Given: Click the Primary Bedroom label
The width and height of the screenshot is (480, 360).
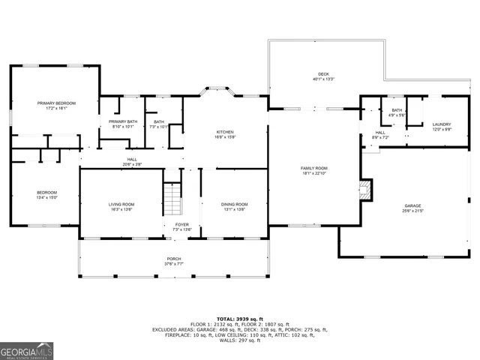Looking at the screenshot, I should [x=57, y=103].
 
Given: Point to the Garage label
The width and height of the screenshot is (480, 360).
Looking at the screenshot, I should [x=412, y=205].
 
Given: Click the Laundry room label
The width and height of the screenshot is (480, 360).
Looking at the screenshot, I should [x=441, y=124].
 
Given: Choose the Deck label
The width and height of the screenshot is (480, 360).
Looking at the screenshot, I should [x=323, y=73].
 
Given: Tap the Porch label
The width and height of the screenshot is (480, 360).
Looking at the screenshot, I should [x=174, y=259].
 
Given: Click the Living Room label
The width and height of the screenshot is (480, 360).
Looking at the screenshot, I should [x=121, y=204].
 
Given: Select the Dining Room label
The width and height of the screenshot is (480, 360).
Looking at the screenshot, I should [x=234, y=204].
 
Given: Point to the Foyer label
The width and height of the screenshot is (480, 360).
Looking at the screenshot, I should [x=182, y=224].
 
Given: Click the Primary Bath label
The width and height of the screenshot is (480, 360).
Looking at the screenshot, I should [x=122, y=121].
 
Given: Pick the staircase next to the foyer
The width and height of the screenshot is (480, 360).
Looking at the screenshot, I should [x=173, y=198].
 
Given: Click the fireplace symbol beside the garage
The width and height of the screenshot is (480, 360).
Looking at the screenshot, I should [x=365, y=189].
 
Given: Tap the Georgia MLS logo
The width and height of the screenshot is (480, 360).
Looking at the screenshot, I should [x=27, y=351].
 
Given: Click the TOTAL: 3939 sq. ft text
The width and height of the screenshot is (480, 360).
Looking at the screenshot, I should [x=239, y=318].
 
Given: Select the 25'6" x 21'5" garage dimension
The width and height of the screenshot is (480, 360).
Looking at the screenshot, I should [x=412, y=211].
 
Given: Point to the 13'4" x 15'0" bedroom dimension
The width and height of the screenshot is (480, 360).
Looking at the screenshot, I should [x=47, y=198].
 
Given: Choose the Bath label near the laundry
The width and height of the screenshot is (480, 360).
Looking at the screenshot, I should [x=397, y=110].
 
